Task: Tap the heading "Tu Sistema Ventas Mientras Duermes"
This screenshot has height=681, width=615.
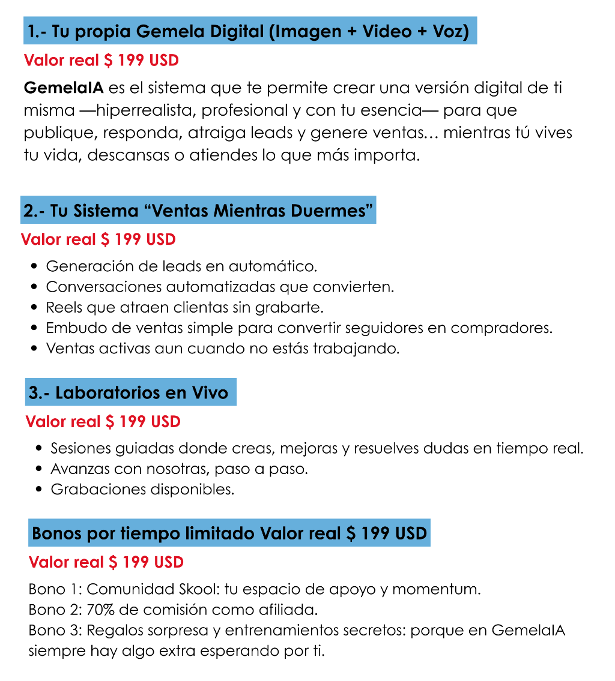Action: pyautogui.click(x=199, y=211)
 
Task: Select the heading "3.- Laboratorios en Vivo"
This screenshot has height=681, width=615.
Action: pyautogui.click(x=129, y=392)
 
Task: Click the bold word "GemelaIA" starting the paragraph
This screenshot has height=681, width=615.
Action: pyautogui.click(x=64, y=88)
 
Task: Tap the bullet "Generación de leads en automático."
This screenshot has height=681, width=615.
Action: pyautogui.click(x=181, y=266)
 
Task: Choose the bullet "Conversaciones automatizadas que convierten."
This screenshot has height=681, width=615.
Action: pyautogui.click(x=220, y=286)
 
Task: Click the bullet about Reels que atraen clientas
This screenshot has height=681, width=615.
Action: pyautogui.click(x=185, y=307)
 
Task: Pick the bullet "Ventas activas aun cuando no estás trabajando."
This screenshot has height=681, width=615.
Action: pyautogui.click(x=222, y=349)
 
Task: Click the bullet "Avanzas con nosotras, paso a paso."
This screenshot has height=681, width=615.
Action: pyautogui.click(x=179, y=469)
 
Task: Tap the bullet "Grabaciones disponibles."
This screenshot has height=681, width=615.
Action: pyautogui.click(x=142, y=489)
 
